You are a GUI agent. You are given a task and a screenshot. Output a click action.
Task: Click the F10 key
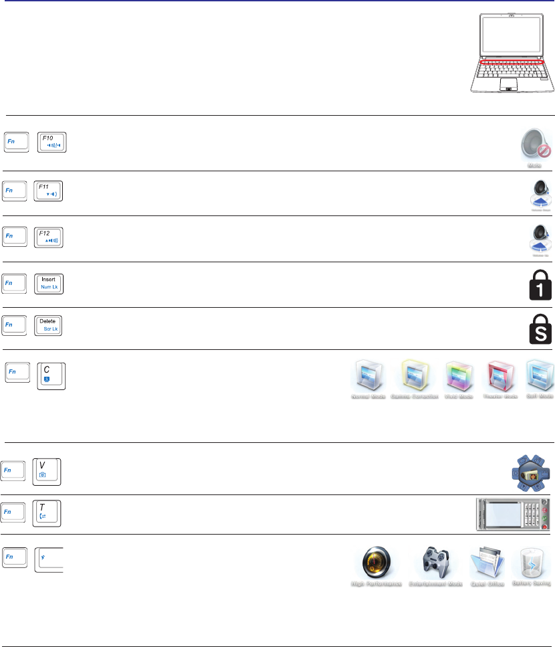pos(53,143)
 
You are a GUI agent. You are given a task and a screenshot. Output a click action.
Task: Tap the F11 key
pos(48,193)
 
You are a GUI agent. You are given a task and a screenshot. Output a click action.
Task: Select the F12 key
pos(48,239)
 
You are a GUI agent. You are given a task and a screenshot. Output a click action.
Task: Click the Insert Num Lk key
pos(48,284)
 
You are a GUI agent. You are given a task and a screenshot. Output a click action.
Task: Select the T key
pos(47,514)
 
